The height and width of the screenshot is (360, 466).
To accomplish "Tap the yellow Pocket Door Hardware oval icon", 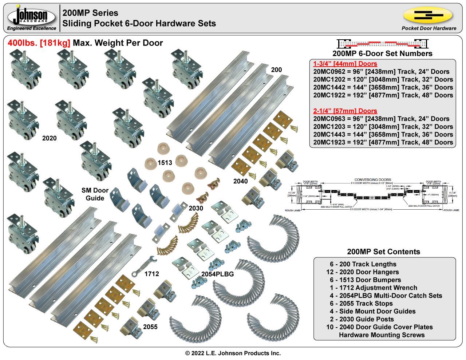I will pos(428,15).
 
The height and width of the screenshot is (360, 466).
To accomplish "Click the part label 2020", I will pos(50,138).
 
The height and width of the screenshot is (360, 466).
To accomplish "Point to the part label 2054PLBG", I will pos(217,274).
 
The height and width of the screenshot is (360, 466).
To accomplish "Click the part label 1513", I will pos(165,163).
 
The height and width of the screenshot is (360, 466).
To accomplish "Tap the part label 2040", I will pos(240,181).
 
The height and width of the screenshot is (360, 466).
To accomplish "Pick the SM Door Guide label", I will pos(95,194).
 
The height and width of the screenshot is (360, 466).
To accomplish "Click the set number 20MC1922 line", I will pos(383,95).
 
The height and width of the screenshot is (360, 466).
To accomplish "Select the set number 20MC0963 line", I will pos(381,119).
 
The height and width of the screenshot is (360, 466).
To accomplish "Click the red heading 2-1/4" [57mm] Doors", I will pos(345,111).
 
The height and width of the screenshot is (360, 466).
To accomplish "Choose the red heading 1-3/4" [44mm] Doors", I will pos(345,64).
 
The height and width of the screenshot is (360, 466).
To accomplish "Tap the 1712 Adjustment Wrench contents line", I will pos(374,288).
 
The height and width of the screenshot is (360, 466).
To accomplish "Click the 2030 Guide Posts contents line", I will pos(367,319).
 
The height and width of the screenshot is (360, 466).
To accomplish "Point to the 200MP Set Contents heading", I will pos(383,252).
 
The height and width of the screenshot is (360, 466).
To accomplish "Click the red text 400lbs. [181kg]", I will pos(39,43).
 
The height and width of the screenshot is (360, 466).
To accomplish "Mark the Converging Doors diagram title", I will pos(373,180).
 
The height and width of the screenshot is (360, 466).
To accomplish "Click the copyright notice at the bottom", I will pos(233,353).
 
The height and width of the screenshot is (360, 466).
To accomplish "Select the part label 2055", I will pos(150,327).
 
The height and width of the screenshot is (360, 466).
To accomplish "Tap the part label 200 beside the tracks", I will pos(276,70).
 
